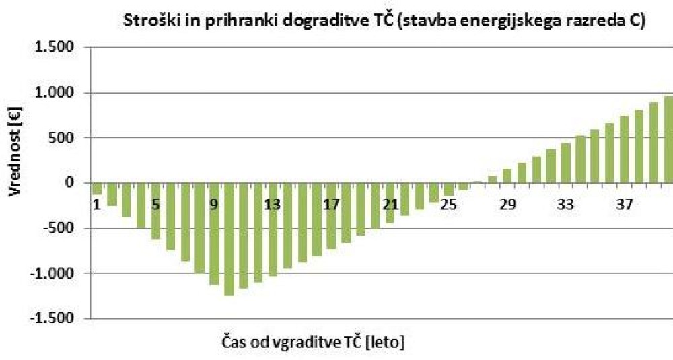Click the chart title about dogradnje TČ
384,21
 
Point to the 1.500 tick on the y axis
57,48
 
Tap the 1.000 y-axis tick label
57,93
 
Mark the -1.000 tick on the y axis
55,273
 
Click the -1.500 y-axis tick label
55,318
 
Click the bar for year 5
155,211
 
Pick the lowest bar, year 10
229,239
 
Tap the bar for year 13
273,229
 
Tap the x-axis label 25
448,204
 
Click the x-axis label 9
214,204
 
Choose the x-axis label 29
507,204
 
